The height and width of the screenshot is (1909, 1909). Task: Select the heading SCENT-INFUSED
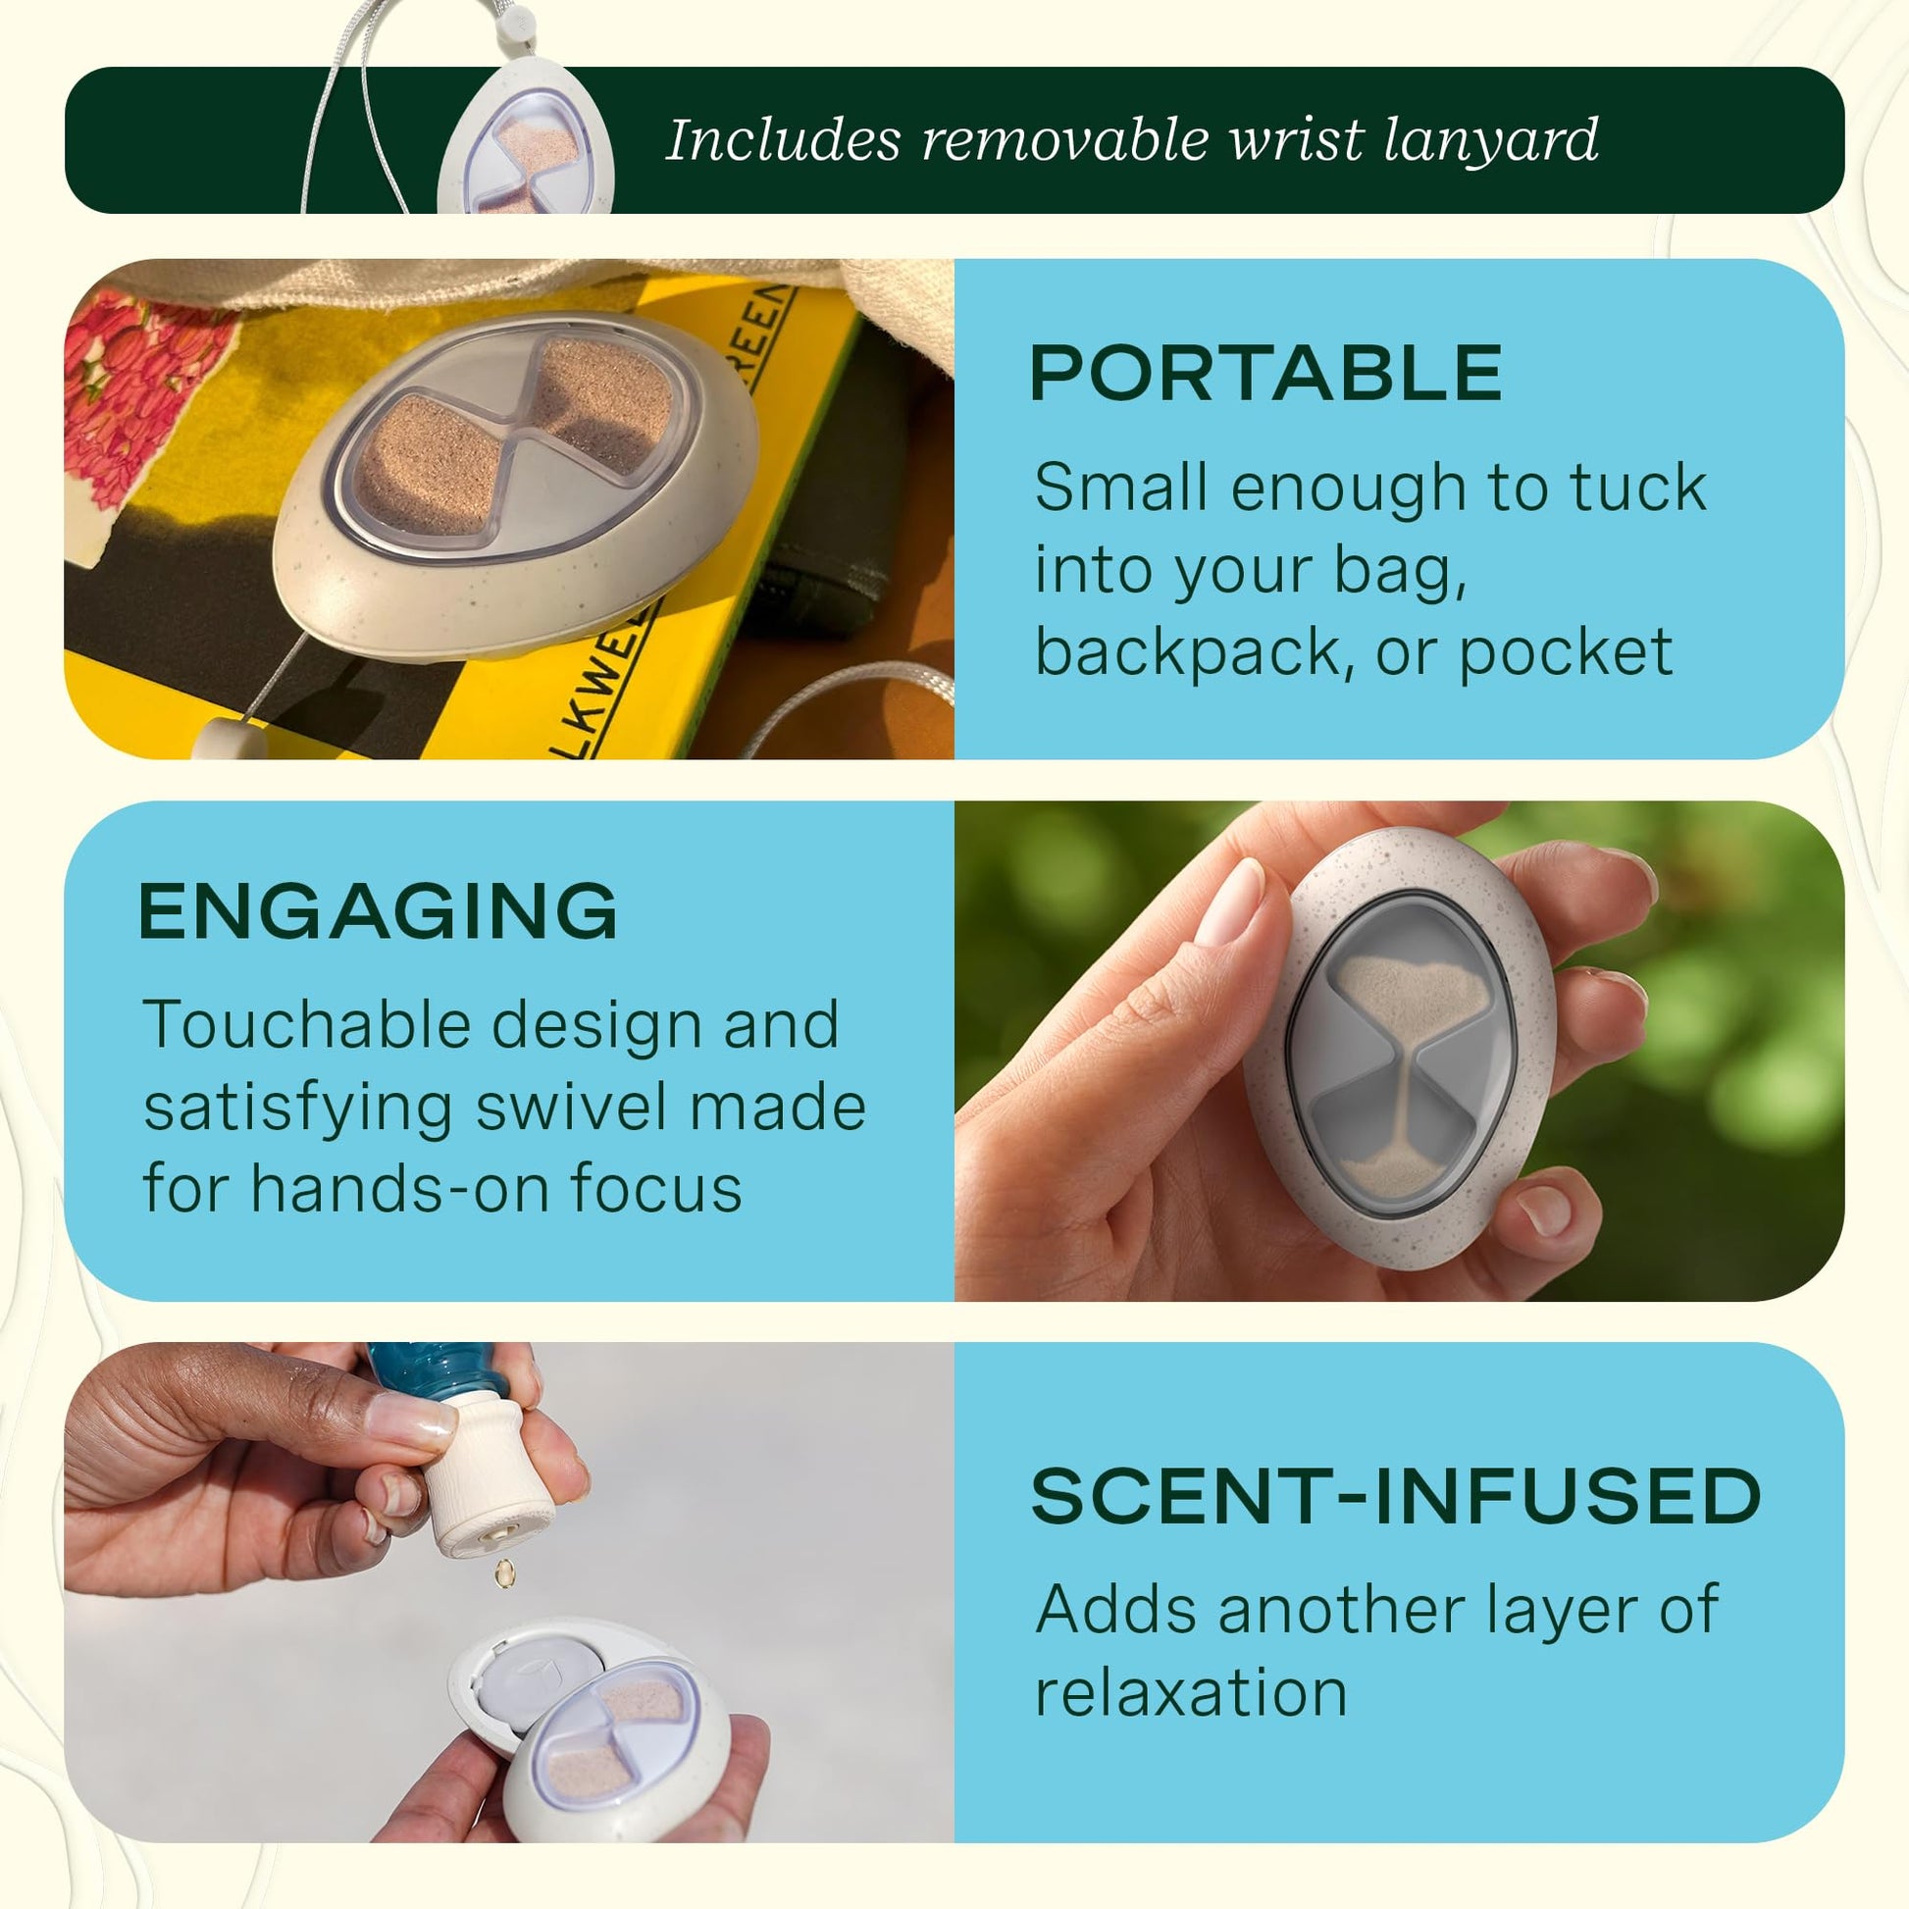tap(1396, 1495)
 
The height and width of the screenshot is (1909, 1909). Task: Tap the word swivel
tap(572, 1107)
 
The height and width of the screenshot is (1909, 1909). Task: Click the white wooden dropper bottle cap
tap(491, 1472)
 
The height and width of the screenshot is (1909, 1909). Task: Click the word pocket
tap(1566, 653)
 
